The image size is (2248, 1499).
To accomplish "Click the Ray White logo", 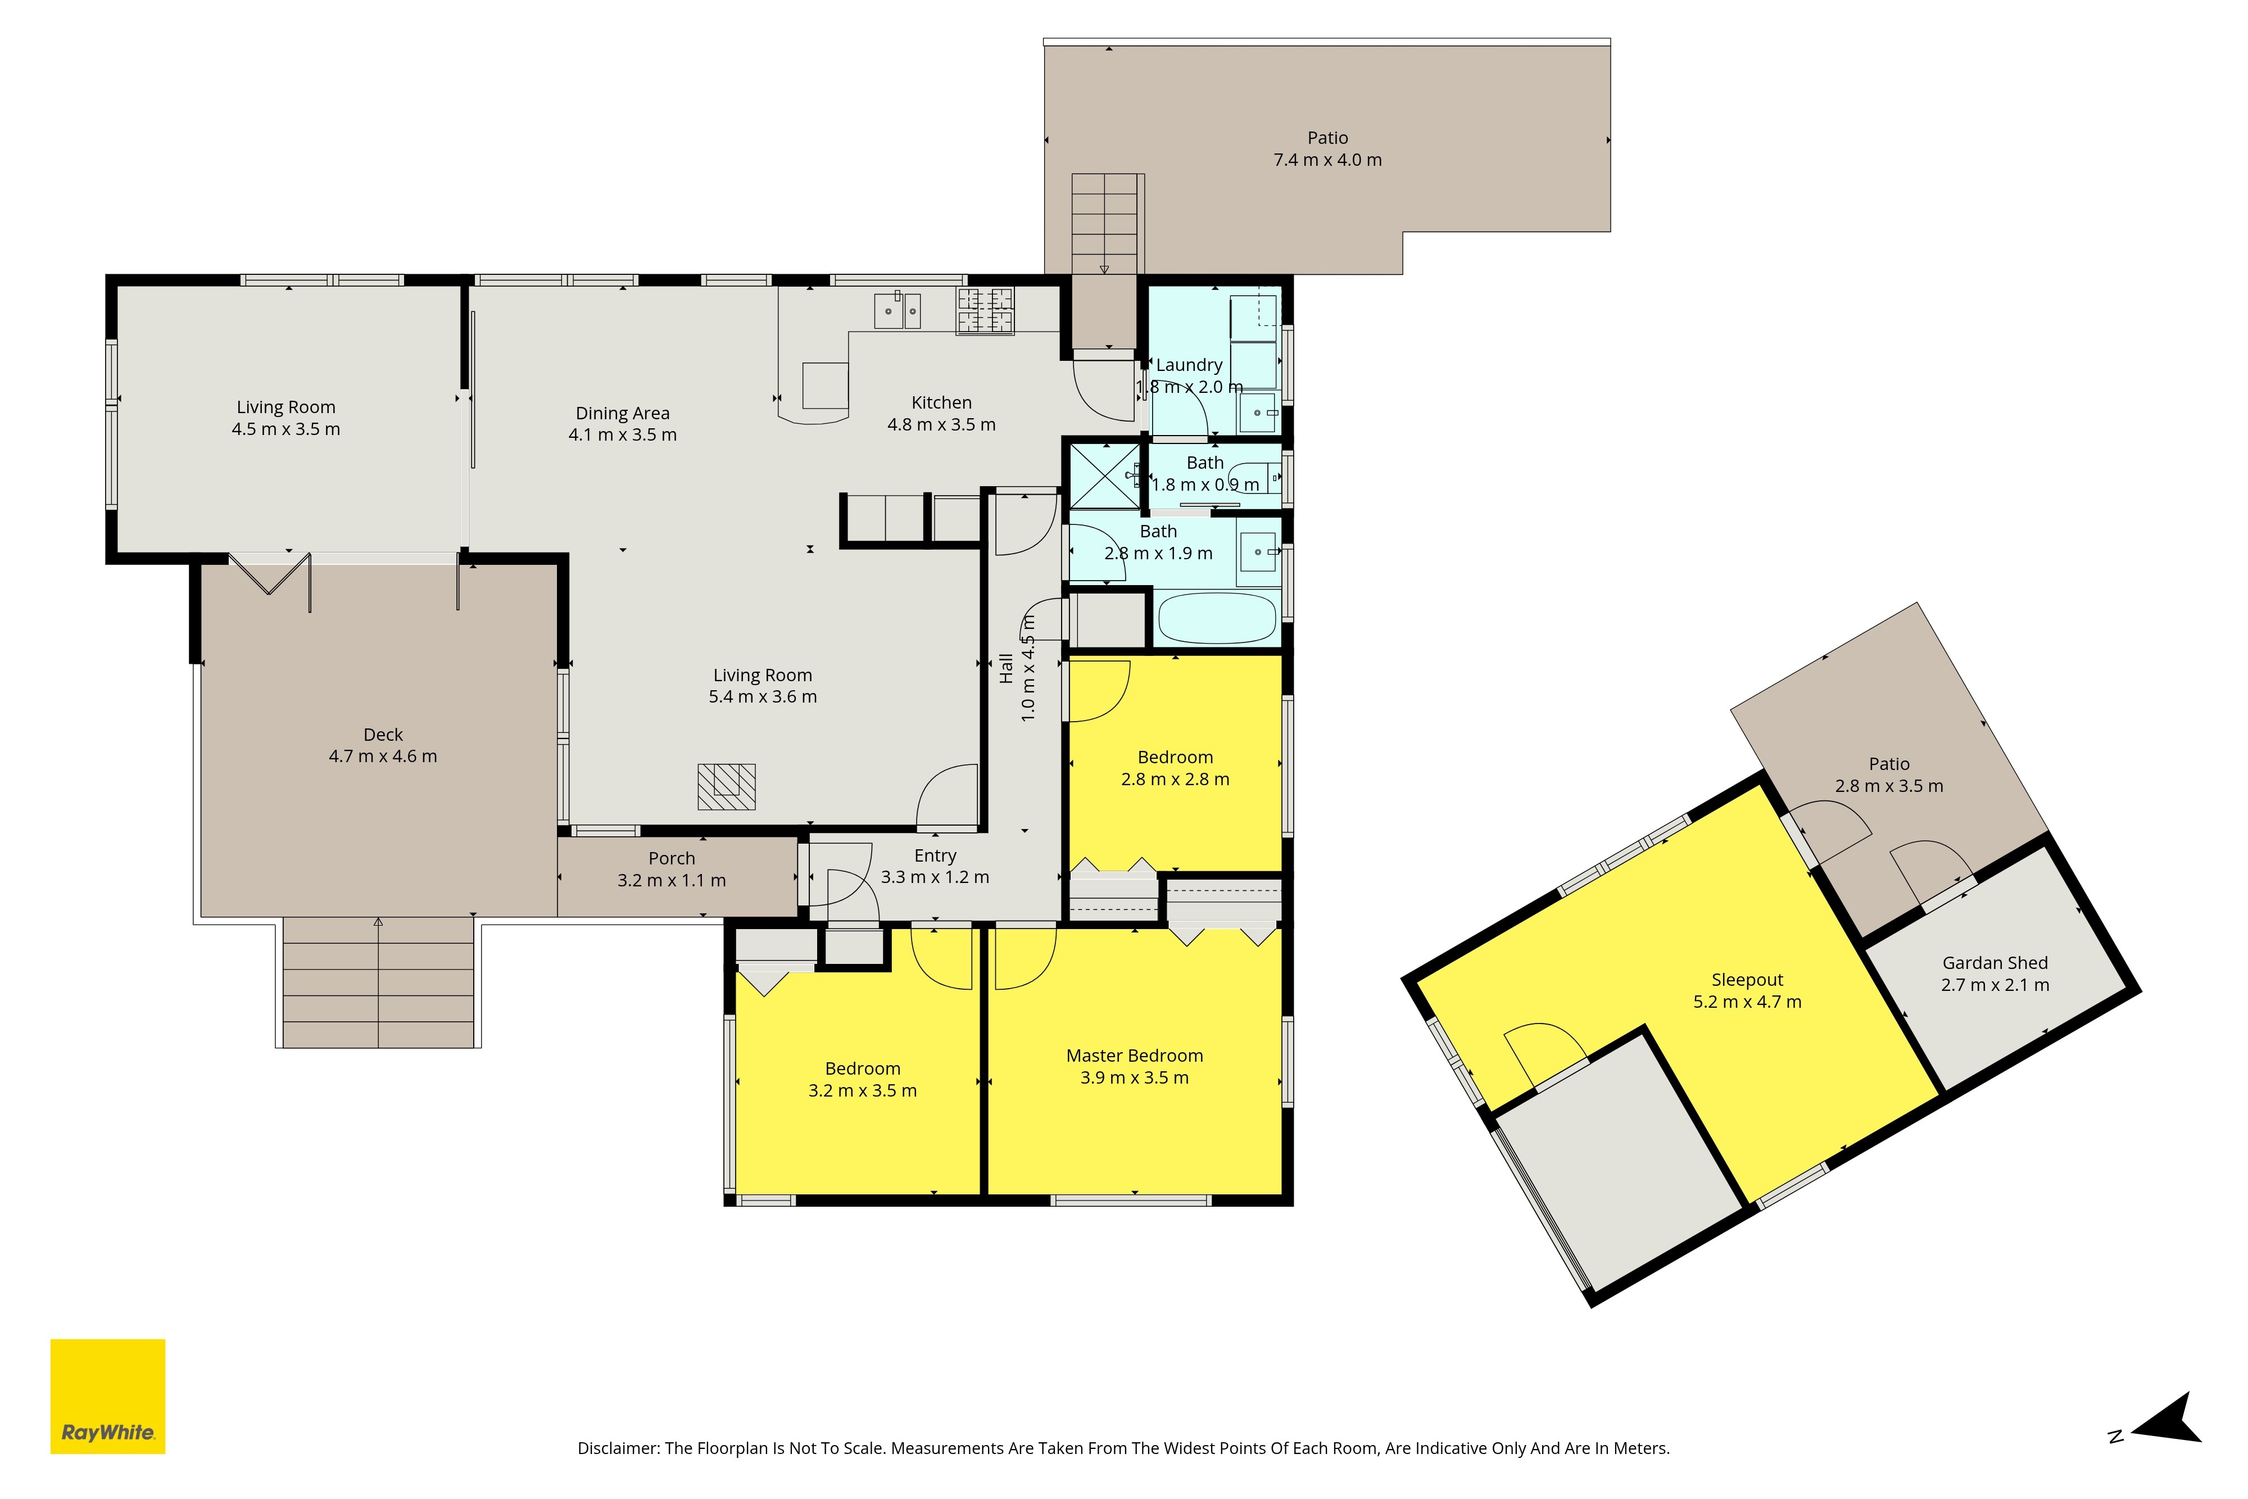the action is coord(108,1397).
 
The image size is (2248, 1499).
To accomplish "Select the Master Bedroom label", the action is coord(1135,1056).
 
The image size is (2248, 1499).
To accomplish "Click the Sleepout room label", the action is coord(1747,980).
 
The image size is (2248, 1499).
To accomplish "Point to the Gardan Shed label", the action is coord(1995,963).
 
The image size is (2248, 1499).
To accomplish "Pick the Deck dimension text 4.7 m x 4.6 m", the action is coord(383,756).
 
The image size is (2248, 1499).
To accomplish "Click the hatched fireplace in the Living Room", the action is coord(727,787).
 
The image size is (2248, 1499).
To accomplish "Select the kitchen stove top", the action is coord(985,311).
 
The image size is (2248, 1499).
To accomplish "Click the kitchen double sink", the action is coord(898,311).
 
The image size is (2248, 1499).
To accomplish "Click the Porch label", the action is coord(672,858).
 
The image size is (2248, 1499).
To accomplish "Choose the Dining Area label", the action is coord(622,413).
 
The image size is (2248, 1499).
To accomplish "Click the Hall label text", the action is coord(1005,668).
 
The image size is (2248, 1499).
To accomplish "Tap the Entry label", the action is coord(935,855).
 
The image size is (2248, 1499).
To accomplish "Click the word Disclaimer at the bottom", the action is coord(618,1448).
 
